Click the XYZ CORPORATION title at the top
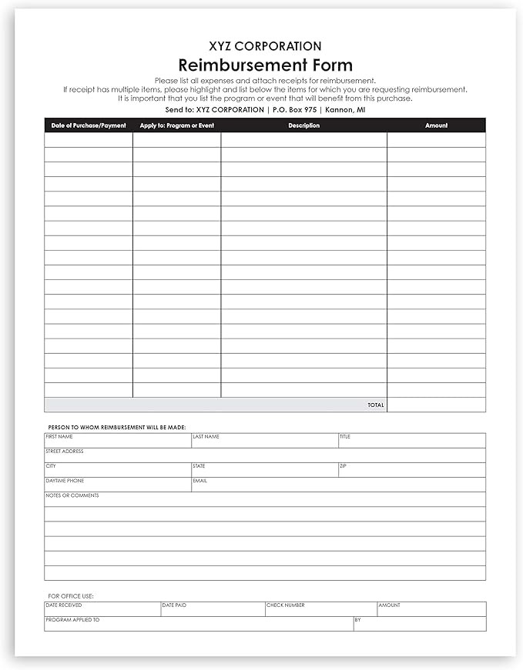265,46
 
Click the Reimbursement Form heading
265,65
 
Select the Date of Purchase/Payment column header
89,125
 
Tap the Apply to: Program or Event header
177,125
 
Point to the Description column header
303,125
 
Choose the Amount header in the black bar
436,125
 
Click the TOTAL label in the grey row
376,405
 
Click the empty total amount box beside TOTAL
436,405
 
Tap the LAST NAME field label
206,437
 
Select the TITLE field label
345,437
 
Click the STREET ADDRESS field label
65,452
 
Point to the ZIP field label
343,466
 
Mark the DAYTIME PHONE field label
65,481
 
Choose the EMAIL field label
199,481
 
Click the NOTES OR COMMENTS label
72,495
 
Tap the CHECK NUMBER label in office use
286,605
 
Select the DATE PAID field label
174,605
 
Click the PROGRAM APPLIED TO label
72,620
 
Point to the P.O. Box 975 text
294,110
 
